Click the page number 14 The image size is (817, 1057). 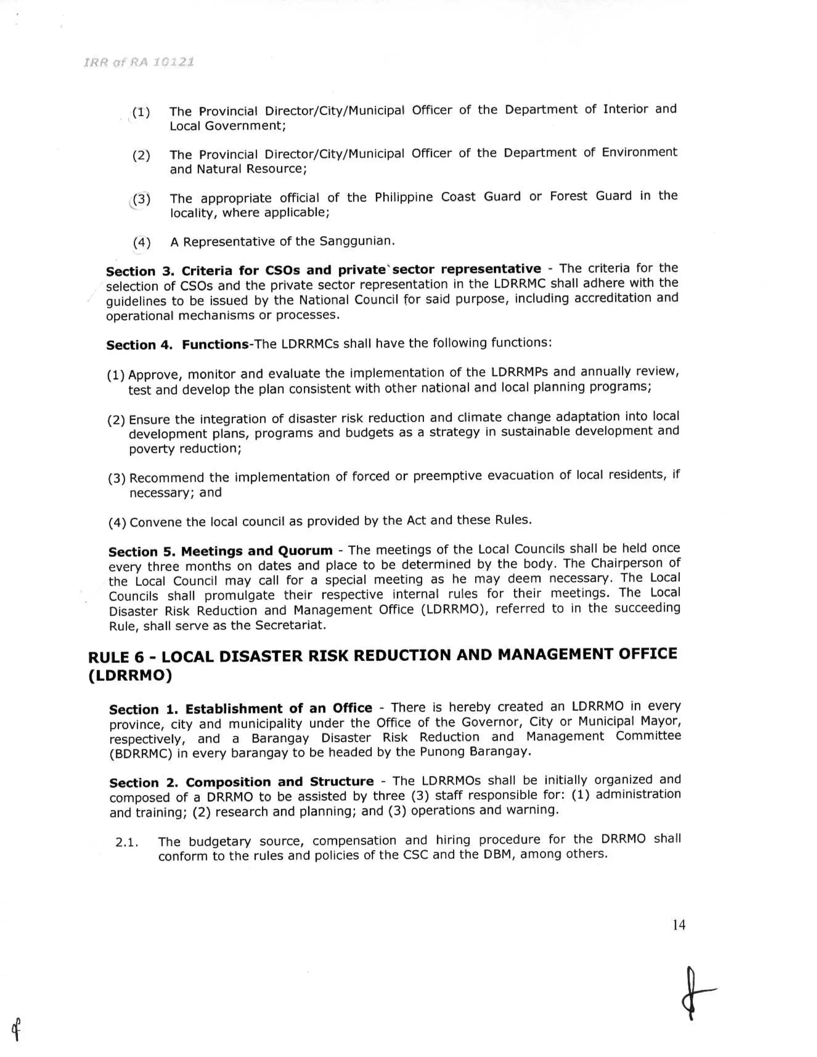pos(679,925)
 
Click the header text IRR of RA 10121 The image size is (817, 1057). pos(139,63)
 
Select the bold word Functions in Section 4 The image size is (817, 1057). pos(215,345)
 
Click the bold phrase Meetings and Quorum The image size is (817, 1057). pos(257,551)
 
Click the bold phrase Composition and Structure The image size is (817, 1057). pos(280,782)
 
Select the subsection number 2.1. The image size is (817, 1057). pos(127,842)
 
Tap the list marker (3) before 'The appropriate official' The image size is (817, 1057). pos(141,199)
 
